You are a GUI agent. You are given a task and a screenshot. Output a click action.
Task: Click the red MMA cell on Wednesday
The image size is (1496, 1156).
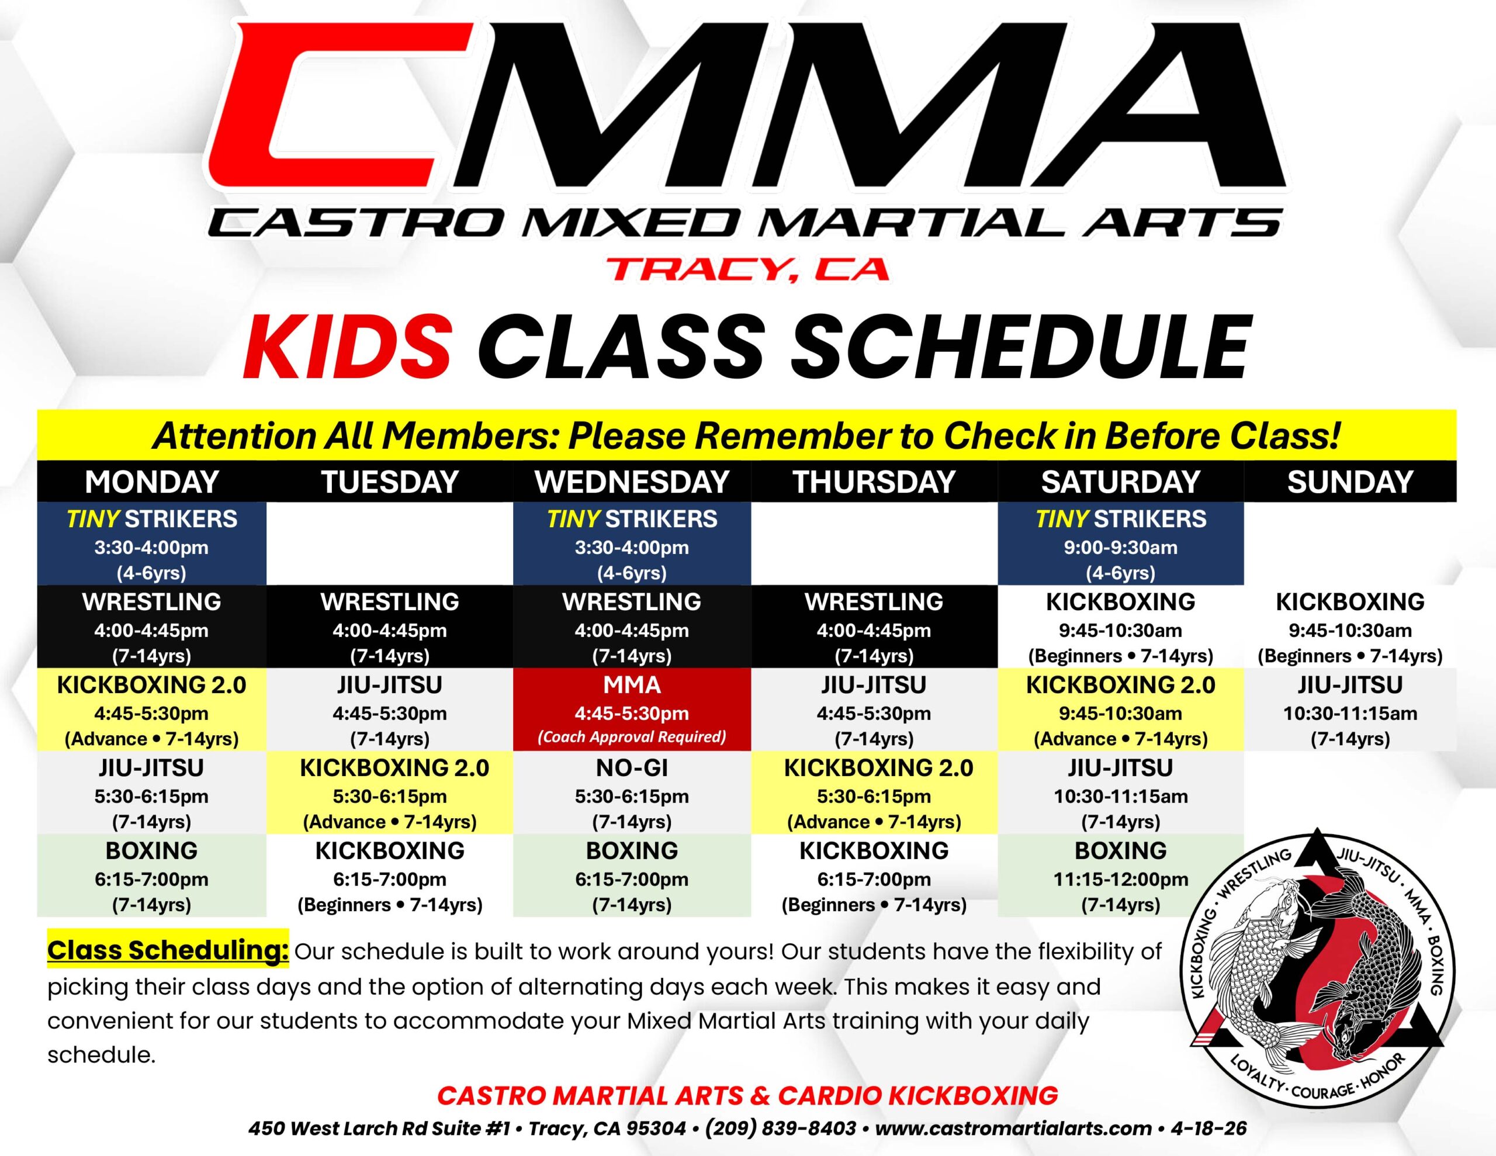(632, 709)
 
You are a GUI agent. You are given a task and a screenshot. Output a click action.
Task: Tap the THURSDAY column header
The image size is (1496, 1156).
(874, 482)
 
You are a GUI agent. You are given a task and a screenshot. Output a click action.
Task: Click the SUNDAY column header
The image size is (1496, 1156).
(1350, 482)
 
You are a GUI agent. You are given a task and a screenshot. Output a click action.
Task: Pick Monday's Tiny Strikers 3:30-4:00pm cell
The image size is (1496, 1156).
(151, 544)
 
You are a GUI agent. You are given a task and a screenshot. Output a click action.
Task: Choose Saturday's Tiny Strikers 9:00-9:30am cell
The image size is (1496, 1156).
(1121, 544)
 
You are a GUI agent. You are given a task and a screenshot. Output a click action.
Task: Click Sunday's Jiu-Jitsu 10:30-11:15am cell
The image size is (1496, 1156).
(1350, 709)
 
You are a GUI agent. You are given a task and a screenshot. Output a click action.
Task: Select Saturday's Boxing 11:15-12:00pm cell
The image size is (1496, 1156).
(1121, 875)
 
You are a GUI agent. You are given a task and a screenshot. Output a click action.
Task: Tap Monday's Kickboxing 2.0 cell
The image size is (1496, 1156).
(151, 709)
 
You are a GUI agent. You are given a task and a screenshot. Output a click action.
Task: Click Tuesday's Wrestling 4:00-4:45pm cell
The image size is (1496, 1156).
(390, 627)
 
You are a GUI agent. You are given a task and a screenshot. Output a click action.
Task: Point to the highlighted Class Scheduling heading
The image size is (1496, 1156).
(168, 949)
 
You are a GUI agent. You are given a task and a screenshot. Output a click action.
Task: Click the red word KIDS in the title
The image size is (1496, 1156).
(348, 347)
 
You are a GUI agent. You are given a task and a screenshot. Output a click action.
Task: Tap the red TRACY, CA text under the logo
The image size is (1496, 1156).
(748, 269)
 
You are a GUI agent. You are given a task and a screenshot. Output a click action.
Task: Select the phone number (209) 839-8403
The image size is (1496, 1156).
(781, 1129)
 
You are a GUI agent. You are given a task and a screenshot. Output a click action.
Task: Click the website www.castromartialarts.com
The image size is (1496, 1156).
(1013, 1129)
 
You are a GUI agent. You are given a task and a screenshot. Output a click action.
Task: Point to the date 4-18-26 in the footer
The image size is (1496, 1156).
(1208, 1129)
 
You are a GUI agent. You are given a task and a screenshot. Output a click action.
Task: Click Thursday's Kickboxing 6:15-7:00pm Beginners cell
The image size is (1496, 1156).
(874, 875)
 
